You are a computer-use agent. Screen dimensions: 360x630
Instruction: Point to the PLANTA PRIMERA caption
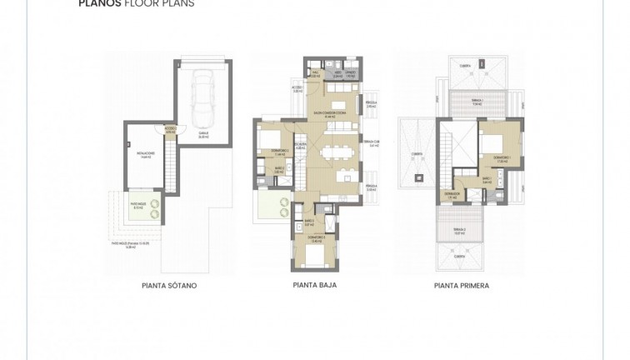point(461,286)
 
